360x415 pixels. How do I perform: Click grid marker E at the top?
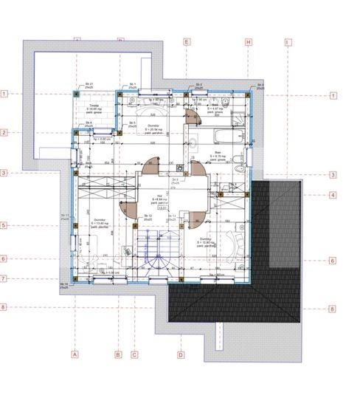click(187, 43)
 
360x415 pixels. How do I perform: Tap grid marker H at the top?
click(249, 43)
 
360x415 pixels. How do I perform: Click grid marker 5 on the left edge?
click(4, 225)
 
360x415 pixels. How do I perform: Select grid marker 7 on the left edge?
click(4, 278)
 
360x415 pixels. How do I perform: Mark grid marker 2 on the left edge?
click(4, 133)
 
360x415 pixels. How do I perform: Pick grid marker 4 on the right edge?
click(333, 196)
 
